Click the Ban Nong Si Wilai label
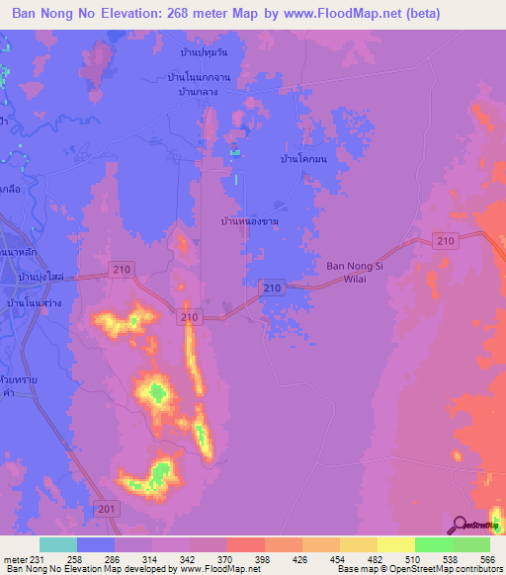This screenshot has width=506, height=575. click(x=353, y=272)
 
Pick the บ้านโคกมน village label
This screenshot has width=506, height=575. click(x=303, y=158)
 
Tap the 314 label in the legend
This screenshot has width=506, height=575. click(x=150, y=558)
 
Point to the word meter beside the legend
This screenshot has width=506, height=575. click(x=13, y=558)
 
